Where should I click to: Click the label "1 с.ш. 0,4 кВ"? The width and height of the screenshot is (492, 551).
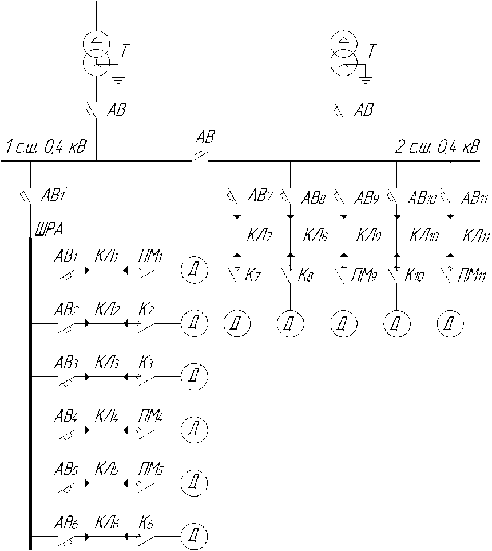(46, 148)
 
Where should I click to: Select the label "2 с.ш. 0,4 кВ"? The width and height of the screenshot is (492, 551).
(438, 148)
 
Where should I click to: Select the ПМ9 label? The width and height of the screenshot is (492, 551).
(364, 276)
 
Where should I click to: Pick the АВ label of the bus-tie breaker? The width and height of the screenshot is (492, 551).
(205, 137)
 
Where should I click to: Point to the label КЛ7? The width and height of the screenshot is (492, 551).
(259, 235)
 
